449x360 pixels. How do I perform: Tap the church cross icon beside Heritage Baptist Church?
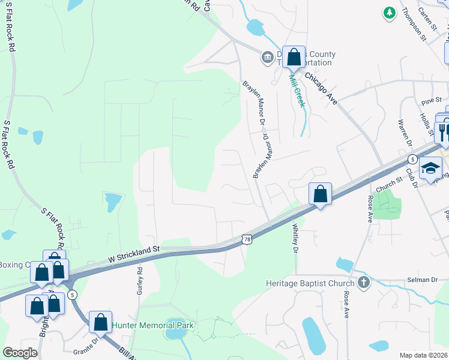click(363, 282)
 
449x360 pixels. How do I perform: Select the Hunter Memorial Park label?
click(153, 325)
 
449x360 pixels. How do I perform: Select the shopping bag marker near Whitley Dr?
click(320, 194)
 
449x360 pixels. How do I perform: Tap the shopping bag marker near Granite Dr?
click(100, 322)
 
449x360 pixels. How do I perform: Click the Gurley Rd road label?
click(140, 279)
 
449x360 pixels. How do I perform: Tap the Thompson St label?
click(414, 24)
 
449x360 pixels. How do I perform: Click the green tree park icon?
click(390, 11)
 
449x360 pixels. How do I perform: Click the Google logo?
click(20, 353)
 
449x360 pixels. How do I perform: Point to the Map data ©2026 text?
click(424, 355)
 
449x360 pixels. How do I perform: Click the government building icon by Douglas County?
click(267, 58)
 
